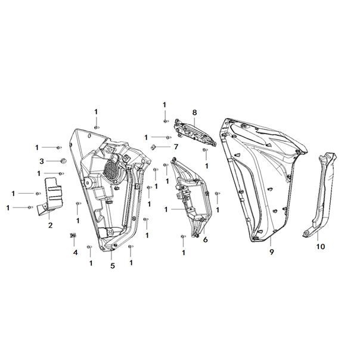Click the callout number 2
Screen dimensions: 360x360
tap(50, 225)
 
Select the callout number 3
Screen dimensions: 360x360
tap(42, 161)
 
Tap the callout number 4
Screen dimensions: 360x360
tap(76, 253)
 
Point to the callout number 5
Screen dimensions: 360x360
tap(113, 266)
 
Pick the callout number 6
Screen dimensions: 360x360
tap(205, 240)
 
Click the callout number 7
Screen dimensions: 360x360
tap(176, 147)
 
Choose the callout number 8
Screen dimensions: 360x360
tap(194, 113)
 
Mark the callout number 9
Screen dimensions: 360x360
tap(272, 252)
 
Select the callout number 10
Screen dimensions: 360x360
tap(321, 247)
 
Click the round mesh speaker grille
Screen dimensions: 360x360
tap(111, 170)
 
